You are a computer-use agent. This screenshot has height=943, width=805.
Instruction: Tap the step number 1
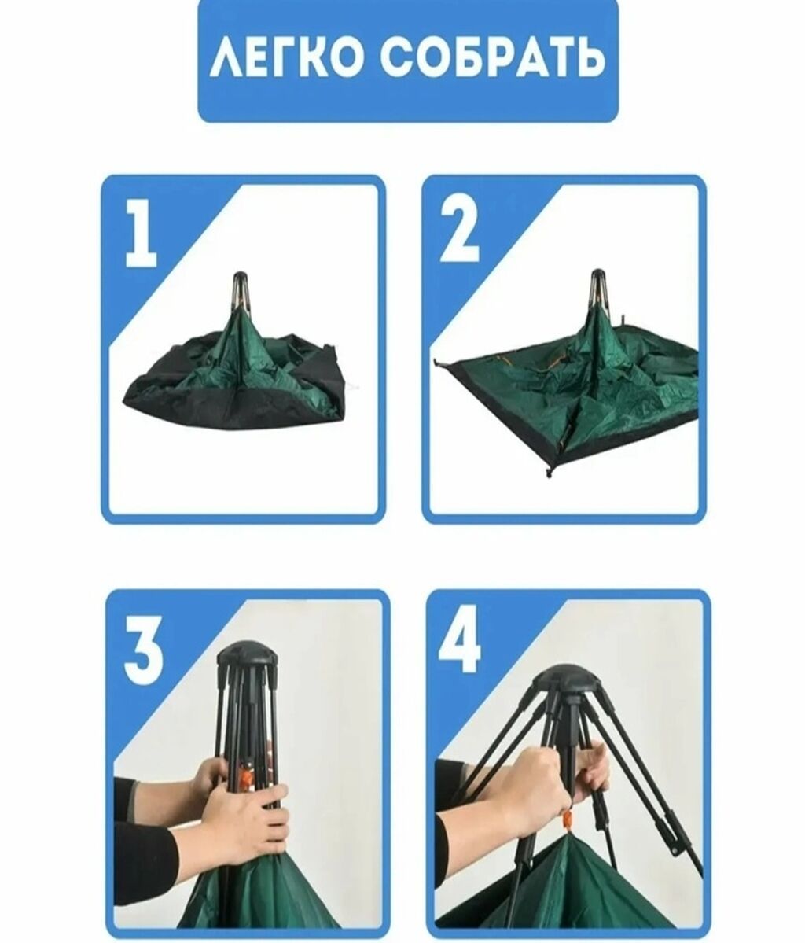(x=142, y=233)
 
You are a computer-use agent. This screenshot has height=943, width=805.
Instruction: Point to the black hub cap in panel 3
(x=248, y=657)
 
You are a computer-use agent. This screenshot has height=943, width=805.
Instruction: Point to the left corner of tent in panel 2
(x=436, y=362)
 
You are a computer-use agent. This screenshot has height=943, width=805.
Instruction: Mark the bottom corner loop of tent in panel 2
(x=548, y=471)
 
